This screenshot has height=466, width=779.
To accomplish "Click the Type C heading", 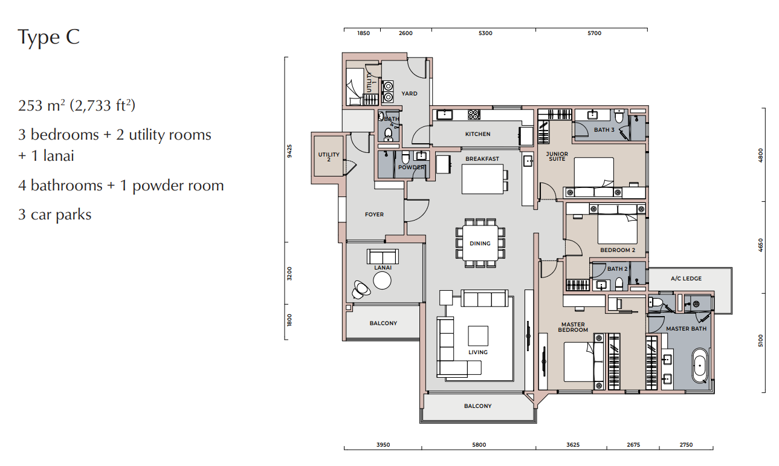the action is pyautogui.click(x=49, y=37).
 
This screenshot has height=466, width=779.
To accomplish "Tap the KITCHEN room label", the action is pyautogui.click(x=478, y=134).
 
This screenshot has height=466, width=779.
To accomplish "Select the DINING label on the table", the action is pyautogui.click(x=480, y=244).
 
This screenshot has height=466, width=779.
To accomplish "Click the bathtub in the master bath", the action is pyautogui.click(x=700, y=366).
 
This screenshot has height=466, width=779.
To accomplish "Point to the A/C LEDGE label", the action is pyautogui.click(x=686, y=279).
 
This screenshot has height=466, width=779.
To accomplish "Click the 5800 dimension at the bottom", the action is pyautogui.click(x=479, y=445).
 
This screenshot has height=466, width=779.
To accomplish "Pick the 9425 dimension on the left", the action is pyautogui.click(x=289, y=151).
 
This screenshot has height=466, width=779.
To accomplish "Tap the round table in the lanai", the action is pyautogui.click(x=382, y=280).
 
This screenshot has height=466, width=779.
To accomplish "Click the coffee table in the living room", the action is pyautogui.click(x=478, y=335).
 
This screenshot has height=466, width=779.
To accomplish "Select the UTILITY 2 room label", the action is pyautogui.click(x=329, y=157).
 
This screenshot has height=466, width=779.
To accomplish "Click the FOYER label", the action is pyautogui.click(x=374, y=215).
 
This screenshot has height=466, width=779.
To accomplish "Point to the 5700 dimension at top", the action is pyautogui.click(x=594, y=33).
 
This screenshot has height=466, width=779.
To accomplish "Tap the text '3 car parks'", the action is pyautogui.click(x=54, y=215).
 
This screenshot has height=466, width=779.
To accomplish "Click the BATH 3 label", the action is pyautogui.click(x=604, y=130).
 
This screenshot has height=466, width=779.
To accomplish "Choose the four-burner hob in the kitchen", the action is pyautogui.click(x=473, y=114).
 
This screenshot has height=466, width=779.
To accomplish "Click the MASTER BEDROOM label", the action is pyautogui.click(x=573, y=327).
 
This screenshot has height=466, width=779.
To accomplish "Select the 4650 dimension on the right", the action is pyautogui.click(x=761, y=245).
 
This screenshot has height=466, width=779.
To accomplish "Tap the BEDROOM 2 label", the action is pyautogui.click(x=618, y=250).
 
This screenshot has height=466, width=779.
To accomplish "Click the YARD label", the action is pyautogui.click(x=409, y=94).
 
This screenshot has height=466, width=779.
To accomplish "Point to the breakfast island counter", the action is pyautogui.click(x=482, y=179).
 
